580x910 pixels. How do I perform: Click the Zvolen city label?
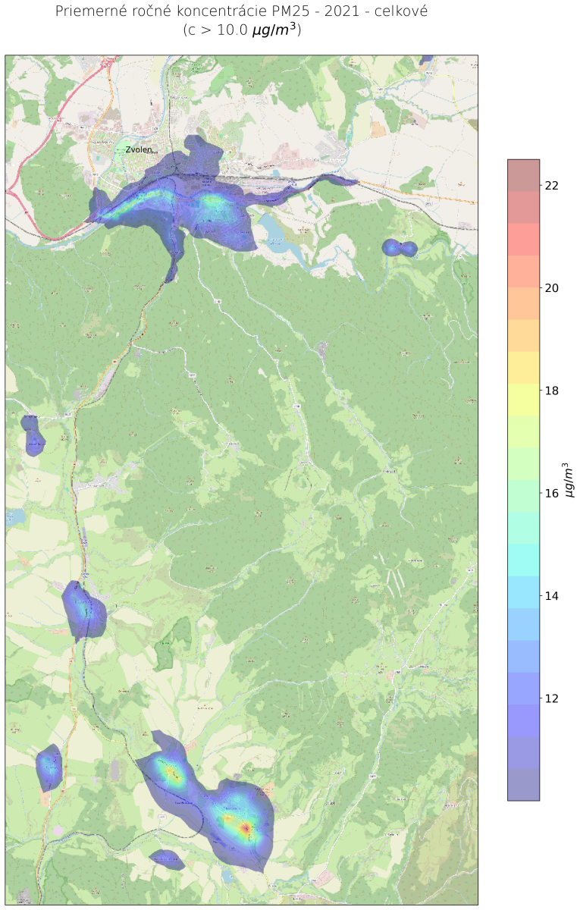139,149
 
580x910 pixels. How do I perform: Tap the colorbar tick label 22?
552,185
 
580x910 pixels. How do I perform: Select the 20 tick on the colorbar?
552,288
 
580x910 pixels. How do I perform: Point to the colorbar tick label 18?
552,391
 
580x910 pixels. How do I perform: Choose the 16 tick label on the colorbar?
552,494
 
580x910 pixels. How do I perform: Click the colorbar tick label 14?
552,596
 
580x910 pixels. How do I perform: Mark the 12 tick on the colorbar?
552,698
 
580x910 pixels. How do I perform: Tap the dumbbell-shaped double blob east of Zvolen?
400,247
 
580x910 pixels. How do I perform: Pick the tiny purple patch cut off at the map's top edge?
426,58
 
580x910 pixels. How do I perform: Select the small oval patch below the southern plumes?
167,859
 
